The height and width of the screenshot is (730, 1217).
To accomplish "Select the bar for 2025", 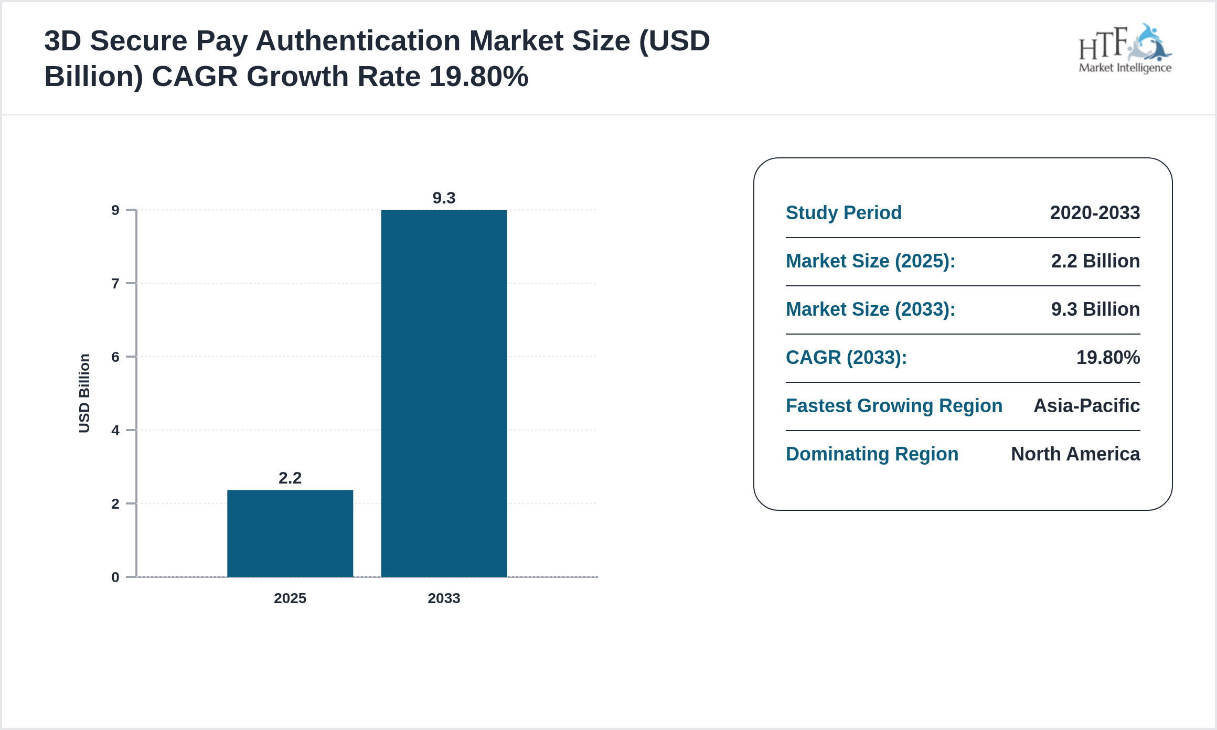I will pos(290,533).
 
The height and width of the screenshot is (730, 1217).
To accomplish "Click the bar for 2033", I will pos(444,393).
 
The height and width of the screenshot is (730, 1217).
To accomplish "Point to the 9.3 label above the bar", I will pos(444,198).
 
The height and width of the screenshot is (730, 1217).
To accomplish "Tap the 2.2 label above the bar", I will pos(290,478).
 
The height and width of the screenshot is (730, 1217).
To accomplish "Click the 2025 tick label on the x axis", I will pos(290,598).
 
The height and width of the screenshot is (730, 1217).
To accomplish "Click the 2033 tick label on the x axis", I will pos(444,598).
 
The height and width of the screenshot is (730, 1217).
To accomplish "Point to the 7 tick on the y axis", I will pos(115,284).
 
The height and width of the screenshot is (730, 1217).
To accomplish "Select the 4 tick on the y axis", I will pos(115,431).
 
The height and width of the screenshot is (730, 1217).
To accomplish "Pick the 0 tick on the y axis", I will pos(115,577).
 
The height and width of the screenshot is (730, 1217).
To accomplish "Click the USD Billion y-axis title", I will pos(84,393).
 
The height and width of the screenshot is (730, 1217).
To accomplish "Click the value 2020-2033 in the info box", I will pos(1095,213).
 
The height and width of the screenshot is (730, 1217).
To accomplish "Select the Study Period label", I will pos(844,213).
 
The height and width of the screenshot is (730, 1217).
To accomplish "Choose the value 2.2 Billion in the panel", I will pos(1095,261).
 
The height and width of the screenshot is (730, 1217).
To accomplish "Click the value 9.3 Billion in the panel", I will pos(1095,309).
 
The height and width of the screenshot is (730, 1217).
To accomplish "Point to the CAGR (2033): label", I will pos(846,358).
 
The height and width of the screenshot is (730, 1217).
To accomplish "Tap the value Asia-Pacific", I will pos(1086,406).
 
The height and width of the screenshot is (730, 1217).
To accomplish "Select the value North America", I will pos(1075,454).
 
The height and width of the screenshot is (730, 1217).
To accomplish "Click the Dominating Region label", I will pos(872,454).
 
